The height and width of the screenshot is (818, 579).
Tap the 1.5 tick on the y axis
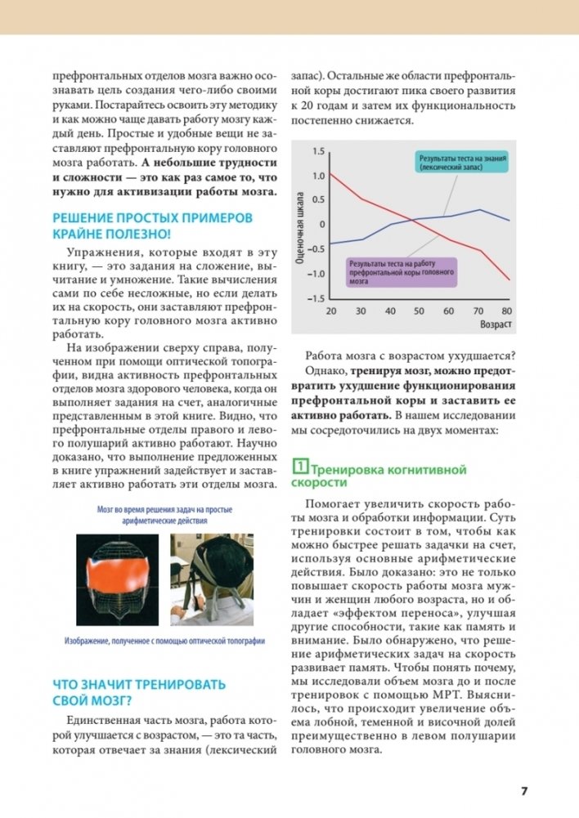(319, 151)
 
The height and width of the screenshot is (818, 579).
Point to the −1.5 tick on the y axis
(316, 298)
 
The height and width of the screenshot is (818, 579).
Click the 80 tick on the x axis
(506, 312)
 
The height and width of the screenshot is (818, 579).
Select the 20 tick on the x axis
(330, 312)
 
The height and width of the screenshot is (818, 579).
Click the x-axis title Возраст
(496, 325)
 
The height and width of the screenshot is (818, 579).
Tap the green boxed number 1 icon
(300, 469)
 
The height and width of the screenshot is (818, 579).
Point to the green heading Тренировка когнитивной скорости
(384, 476)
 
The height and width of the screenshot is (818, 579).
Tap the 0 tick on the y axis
(322, 225)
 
